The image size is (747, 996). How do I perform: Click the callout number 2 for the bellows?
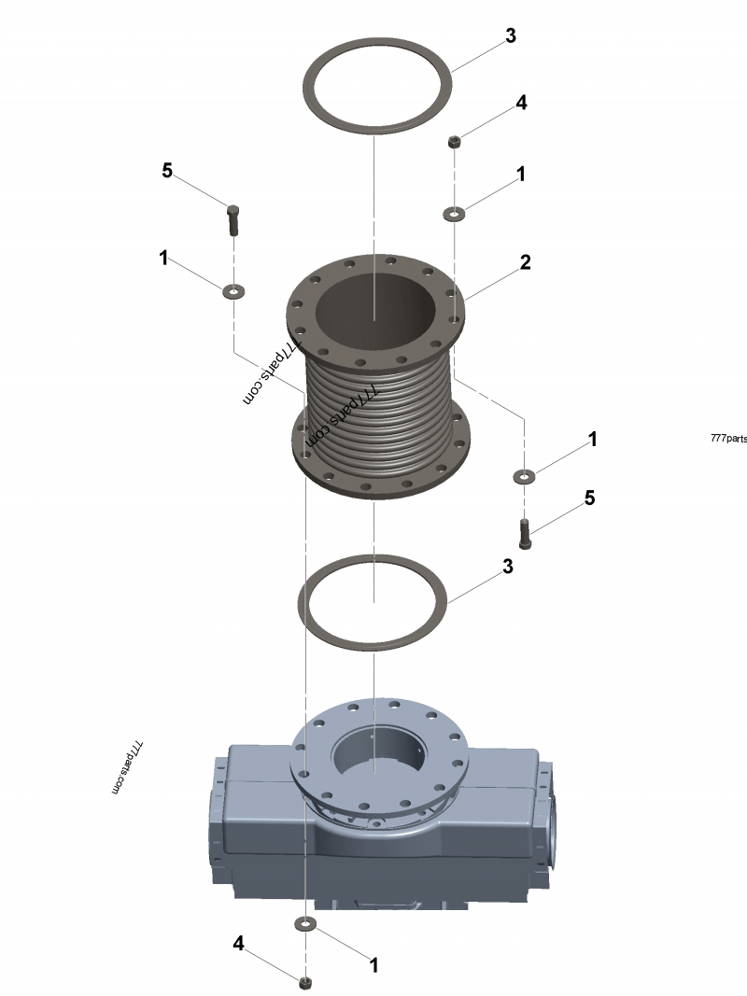coord(526,262)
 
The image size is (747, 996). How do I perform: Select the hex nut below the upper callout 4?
coord(453,142)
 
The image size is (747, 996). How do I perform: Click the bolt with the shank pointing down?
coord(233,219)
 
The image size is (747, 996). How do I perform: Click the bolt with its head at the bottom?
coord(525,533)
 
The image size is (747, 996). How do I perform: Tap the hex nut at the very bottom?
coord(304,982)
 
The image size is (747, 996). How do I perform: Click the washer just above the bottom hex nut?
coord(304,924)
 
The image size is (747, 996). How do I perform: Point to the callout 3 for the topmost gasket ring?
coord(510,36)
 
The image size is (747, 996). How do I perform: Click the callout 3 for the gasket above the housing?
coord(508,567)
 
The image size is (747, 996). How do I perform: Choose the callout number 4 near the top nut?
coord(521,103)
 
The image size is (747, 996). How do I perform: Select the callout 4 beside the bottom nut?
coord(239,945)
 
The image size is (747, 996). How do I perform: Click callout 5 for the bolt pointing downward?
coord(167,170)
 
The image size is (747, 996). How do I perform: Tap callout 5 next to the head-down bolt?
coord(589,498)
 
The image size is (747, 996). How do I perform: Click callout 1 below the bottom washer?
coord(374,965)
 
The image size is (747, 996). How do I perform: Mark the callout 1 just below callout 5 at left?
coord(164,259)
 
